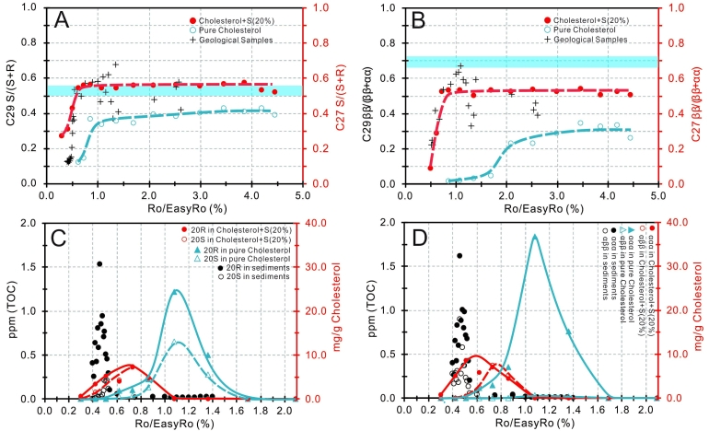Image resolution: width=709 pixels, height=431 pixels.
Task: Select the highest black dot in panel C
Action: click(99, 263)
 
